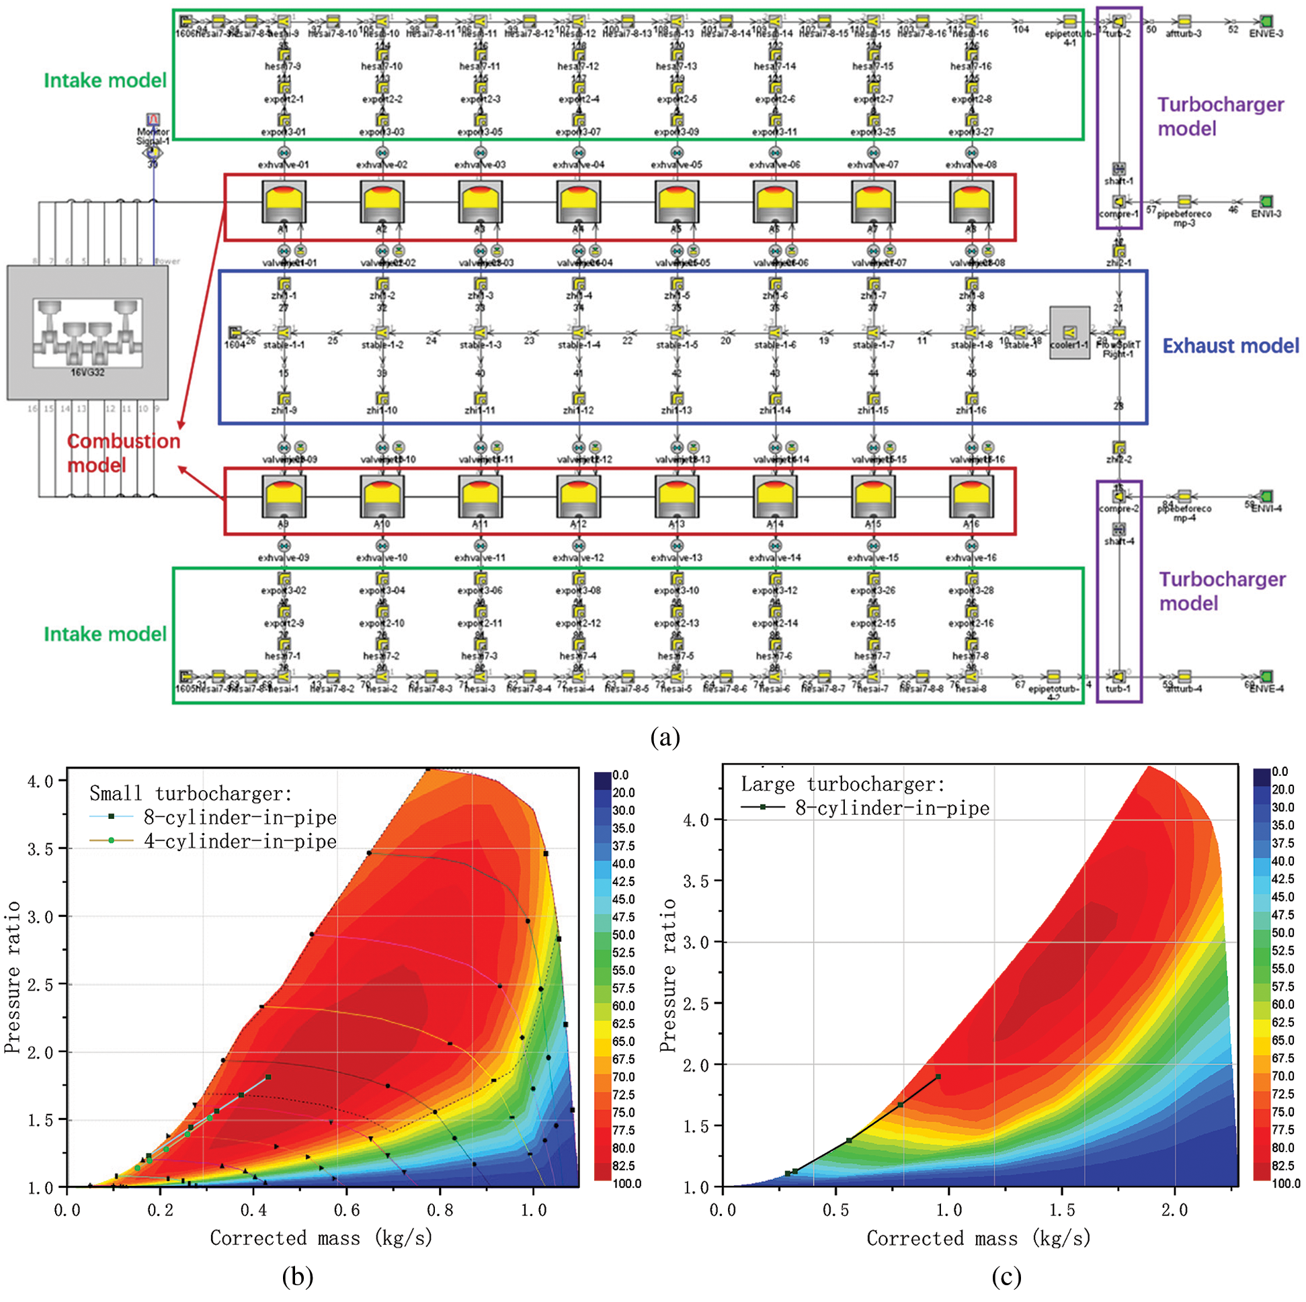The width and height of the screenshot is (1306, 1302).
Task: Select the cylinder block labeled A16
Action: point(971,497)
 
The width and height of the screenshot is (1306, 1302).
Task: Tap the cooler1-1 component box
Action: point(1069,333)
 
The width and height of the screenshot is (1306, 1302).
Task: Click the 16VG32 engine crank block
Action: point(87,333)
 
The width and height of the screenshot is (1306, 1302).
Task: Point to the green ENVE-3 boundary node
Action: point(1266,21)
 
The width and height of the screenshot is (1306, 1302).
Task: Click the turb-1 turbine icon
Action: point(1118,677)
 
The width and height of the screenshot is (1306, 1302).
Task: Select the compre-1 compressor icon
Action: point(1118,202)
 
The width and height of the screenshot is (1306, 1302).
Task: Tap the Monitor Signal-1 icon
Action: point(153,120)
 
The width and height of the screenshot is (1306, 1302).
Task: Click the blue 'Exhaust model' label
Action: point(1229,346)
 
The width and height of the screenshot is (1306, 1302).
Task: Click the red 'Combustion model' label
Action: point(123,453)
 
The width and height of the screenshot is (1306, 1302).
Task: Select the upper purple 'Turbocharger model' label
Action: point(1220,116)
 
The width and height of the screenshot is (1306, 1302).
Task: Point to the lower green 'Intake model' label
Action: point(105,634)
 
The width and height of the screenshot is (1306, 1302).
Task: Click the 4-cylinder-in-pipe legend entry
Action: point(239,841)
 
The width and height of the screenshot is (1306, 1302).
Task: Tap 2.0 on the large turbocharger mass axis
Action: point(1175,1210)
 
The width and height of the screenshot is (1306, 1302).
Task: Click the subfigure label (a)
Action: point(665,736)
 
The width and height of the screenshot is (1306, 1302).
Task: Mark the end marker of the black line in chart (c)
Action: point(938,1077)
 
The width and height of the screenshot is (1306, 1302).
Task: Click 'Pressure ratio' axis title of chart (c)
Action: point(668,975)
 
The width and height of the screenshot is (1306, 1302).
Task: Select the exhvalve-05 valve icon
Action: point(677,152)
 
